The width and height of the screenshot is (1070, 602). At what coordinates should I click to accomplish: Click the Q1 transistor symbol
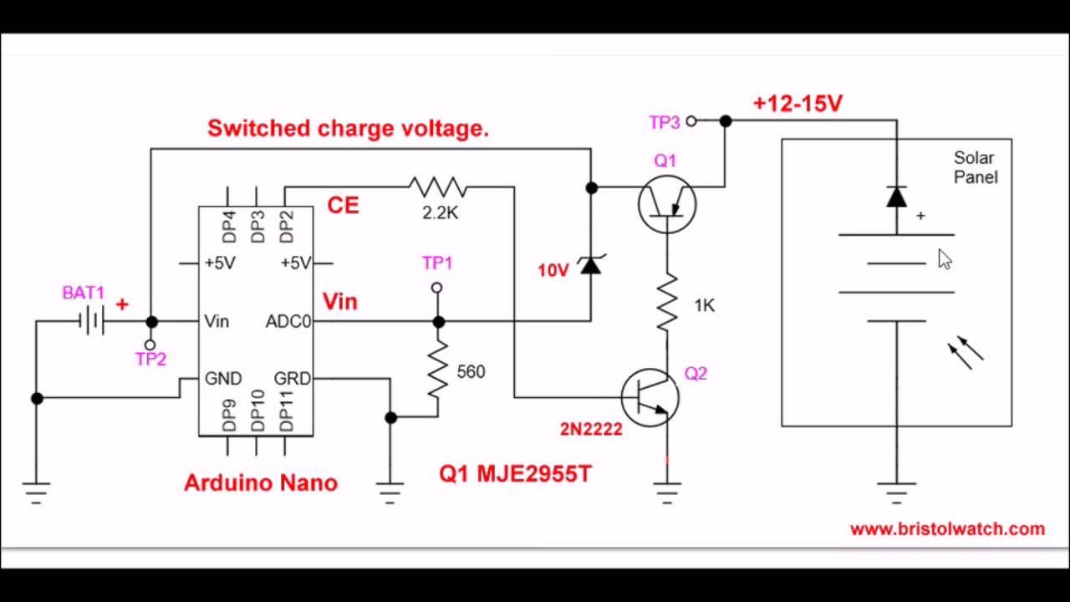[666, 203]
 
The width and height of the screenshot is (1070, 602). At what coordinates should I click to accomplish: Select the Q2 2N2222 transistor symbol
[650, 397]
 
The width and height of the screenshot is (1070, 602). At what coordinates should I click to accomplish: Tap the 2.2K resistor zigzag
[437, 187]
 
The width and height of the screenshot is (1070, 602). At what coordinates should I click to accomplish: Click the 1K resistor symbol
[666, 304]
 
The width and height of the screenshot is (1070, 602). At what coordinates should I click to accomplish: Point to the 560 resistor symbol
[438, 370]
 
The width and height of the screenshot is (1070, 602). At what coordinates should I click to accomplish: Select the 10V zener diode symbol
[591, 266]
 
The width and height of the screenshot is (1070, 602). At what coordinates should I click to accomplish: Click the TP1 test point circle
[436, 288]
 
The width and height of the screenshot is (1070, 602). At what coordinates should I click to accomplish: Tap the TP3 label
[664, 123]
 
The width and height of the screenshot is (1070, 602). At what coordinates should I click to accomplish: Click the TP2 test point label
[150, 360]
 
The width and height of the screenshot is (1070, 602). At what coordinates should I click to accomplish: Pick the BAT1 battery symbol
[91, 321]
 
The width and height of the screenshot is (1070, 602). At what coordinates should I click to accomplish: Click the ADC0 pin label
[288, 322]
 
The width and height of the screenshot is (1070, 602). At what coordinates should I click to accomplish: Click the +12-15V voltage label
[797, 104]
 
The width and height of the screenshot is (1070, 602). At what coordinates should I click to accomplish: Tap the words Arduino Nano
[260, 483]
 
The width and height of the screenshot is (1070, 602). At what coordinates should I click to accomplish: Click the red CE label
[343, 206]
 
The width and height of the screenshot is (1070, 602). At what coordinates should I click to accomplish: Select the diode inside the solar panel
[896, 197]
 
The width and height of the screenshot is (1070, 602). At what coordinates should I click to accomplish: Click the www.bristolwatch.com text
[947, 529]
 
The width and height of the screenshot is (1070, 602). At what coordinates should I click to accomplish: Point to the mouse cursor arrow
[944, 259]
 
